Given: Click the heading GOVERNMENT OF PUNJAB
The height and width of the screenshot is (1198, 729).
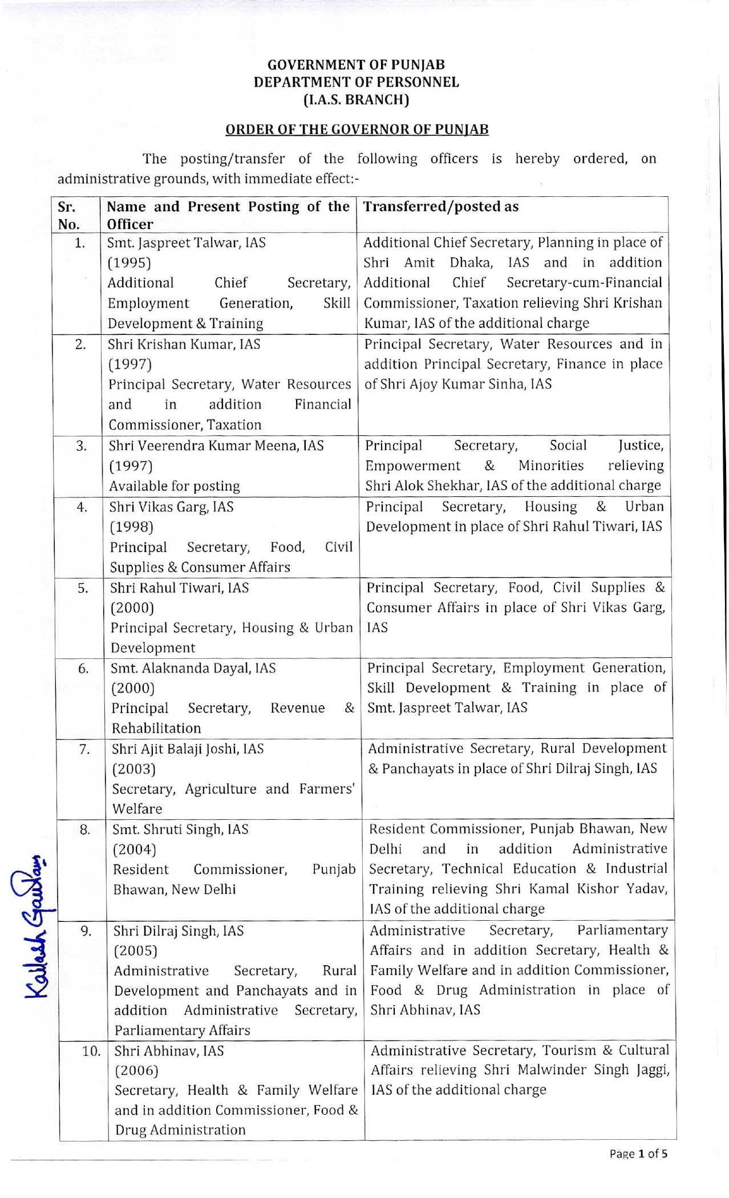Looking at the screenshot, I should coord(357,65).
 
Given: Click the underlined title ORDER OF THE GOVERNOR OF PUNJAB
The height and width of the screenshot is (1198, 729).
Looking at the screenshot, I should coord(357,129).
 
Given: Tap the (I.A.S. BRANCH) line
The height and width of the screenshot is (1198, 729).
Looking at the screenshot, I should coord(357,100).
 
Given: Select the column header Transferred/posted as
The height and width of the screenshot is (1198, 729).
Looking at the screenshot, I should coord(441,207).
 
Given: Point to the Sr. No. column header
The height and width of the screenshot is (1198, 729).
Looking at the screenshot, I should coord(68,215).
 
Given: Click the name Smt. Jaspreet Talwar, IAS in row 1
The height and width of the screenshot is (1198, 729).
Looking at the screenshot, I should coord(187,242).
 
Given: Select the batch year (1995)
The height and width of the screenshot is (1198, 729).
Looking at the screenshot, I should coord(129,263).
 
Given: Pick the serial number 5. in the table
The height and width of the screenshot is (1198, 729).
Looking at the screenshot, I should coord(83,588).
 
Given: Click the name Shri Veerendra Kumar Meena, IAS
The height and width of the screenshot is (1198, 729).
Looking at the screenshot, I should coord(216,446).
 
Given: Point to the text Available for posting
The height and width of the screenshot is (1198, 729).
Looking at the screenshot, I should coord(175,486).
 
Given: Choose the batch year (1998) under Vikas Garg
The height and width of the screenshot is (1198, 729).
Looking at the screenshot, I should coord(132,527).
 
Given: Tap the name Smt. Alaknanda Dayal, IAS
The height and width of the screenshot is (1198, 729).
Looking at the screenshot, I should coord(193,668).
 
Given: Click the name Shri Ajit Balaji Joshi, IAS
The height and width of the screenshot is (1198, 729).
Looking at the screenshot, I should coord(188,749).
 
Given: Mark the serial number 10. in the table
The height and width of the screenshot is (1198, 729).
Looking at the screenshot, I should coord(91,1051).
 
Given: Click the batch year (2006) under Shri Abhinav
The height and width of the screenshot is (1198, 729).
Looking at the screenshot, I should coord(136,1071).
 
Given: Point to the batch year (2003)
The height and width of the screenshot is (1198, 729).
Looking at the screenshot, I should coord(134,769).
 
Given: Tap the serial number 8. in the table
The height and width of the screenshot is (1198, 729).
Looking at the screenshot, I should coord(85,829).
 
